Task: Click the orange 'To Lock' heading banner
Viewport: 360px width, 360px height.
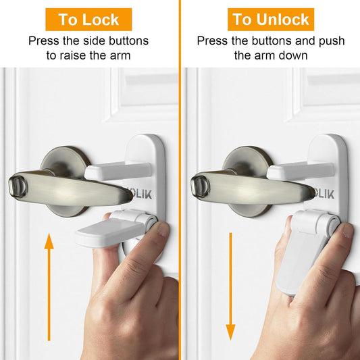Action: (x=88, y=20)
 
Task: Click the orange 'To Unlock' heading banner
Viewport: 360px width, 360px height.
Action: (x=271, y=20)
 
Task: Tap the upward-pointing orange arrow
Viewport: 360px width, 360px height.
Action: (x=49, y=287)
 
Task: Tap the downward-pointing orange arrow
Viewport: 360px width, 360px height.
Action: (x=230, y=286)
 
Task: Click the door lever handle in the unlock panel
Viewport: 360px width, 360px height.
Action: (x=252, y=188)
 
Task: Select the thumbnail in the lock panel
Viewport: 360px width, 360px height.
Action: (x=163, y=230)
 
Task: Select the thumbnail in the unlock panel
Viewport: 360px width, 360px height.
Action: (x=346, y=230)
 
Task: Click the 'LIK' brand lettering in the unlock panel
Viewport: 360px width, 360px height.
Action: (x=326, y=195)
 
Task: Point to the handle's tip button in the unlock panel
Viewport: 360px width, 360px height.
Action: (x=200, y=186)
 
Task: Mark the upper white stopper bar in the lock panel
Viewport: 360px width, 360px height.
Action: (x=118, y=171)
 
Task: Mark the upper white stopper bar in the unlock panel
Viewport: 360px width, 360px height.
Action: (x=301, y=171)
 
